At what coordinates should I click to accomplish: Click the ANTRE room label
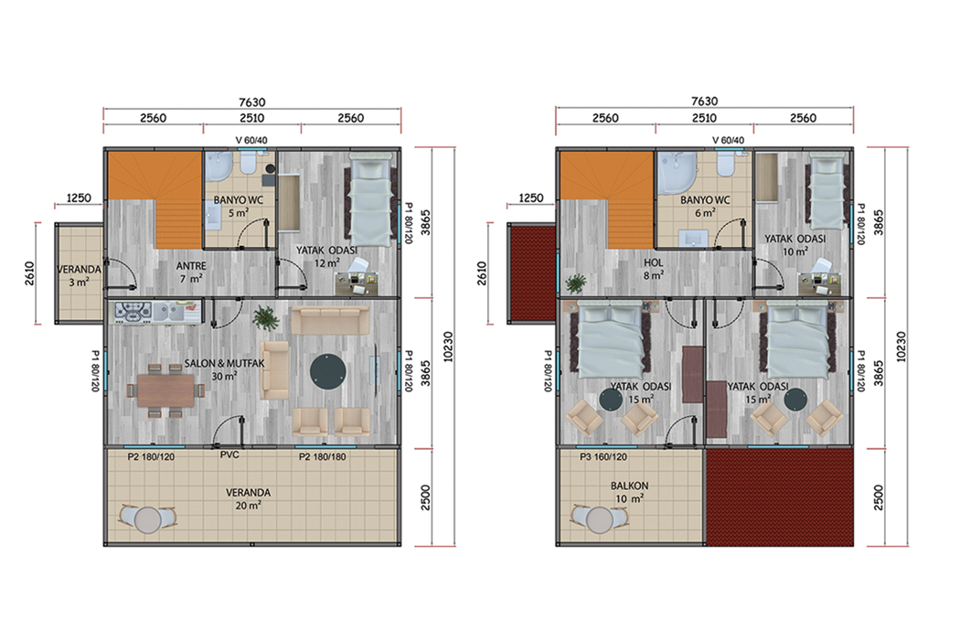[191, 266]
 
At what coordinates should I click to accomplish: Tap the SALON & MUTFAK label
[224, 364]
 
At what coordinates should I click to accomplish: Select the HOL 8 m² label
[654, 269]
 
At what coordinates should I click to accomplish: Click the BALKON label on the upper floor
[629, 486]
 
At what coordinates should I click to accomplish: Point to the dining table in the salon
[165, 390]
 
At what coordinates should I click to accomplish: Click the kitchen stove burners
[133, 312]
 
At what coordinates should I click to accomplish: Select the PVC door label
[229, 454]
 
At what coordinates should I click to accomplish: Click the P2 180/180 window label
[323, 457]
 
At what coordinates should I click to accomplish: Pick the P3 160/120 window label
[603, 457]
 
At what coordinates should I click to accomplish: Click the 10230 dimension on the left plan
[448, 347]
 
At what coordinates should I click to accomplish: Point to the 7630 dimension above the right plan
[704, 101]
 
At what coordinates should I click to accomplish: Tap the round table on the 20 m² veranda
[148, 520]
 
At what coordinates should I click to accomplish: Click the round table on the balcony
[600, 519]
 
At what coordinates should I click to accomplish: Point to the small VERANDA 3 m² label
[80, 276]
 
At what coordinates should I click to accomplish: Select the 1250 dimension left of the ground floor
[79, 198]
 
